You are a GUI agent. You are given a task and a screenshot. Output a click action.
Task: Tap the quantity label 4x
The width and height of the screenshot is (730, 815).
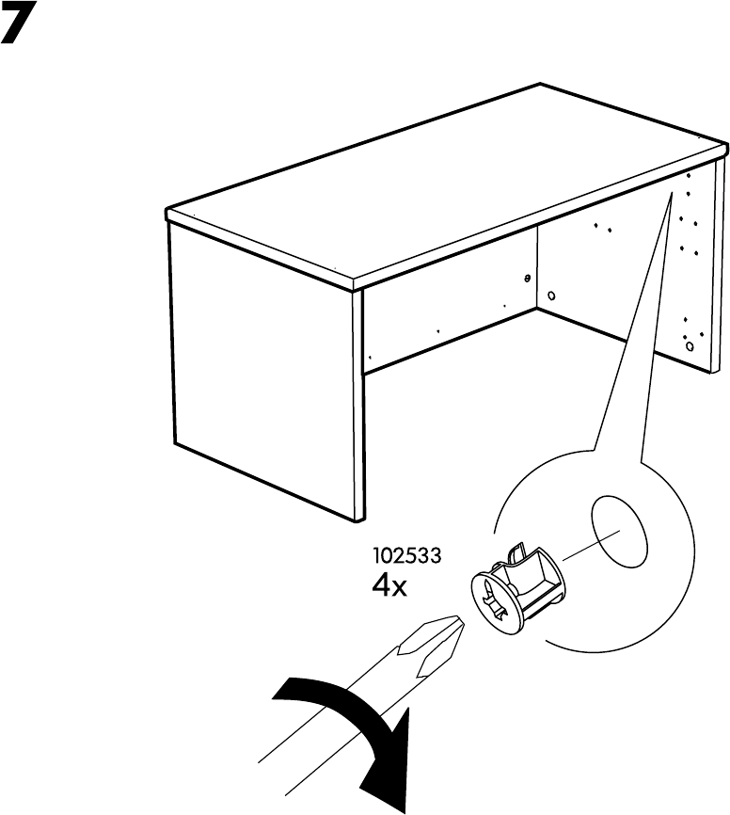point(389,586)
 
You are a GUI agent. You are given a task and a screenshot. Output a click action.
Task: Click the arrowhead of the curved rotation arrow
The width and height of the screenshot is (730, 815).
point(402,771)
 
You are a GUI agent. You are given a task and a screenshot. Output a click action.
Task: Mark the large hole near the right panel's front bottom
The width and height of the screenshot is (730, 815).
point(690,346)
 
